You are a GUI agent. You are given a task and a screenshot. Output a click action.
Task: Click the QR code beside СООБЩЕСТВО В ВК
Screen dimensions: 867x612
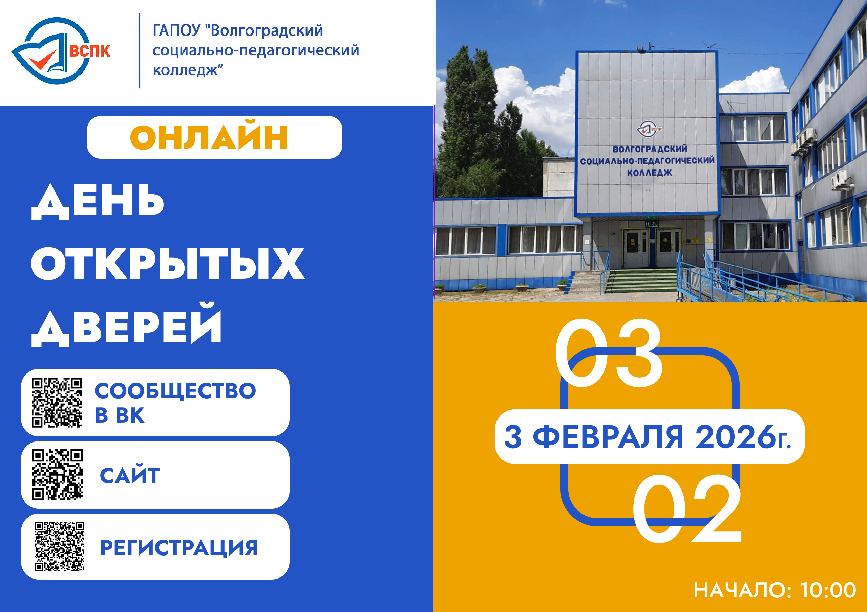click(57, 403)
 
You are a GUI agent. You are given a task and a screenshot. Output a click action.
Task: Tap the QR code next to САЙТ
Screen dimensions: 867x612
click(57, 474)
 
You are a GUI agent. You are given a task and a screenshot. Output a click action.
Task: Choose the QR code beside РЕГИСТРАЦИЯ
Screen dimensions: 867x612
click(59, 546)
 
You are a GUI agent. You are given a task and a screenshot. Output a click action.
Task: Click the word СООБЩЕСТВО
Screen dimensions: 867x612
click(175, 391)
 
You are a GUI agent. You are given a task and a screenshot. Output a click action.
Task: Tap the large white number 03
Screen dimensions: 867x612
click(608, 353)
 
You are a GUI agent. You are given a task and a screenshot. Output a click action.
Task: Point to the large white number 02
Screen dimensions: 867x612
click(687, 508)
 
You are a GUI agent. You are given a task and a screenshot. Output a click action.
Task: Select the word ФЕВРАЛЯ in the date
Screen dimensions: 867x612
click(608, 437)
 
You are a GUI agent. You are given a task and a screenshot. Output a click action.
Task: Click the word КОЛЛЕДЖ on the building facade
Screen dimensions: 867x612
click(650, 173)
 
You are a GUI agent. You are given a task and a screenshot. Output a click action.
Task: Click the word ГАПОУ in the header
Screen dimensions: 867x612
click(176, 30)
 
